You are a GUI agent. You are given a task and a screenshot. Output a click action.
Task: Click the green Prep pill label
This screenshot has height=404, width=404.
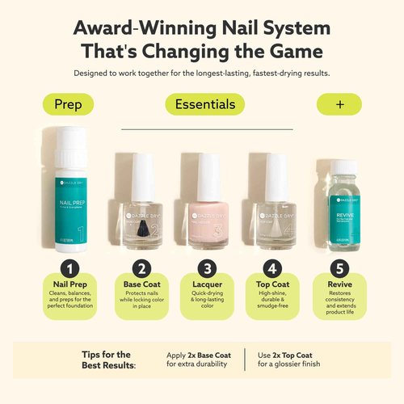click(68, 104)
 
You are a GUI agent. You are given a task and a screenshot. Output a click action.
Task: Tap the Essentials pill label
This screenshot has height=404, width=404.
click(204, 104)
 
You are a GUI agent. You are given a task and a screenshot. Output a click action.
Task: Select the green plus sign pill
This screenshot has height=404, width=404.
click(338, 104)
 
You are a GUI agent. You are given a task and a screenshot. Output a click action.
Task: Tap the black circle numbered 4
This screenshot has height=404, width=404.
click(271, 270)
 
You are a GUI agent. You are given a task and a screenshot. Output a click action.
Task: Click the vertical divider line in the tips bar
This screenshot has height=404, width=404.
click(246, 360)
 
